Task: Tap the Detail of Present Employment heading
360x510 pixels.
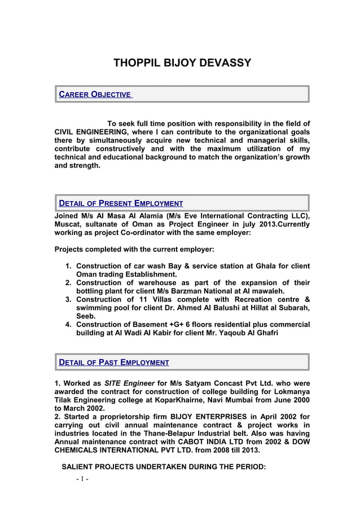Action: point(121,203)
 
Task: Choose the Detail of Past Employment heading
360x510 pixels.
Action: point(115,363)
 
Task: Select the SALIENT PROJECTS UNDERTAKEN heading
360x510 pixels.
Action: point(164,468)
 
